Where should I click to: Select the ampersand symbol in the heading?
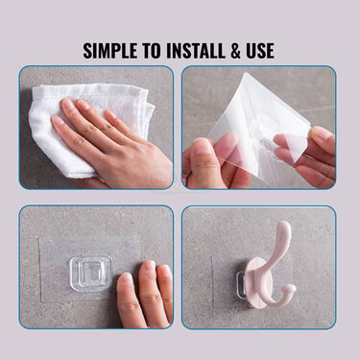235,51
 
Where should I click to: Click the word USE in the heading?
260,51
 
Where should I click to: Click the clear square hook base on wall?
91,274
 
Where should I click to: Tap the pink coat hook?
272,266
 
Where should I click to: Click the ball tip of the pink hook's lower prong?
291,290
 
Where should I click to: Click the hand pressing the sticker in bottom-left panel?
145,295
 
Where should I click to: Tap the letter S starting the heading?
88,51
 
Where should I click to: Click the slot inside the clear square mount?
90,273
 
